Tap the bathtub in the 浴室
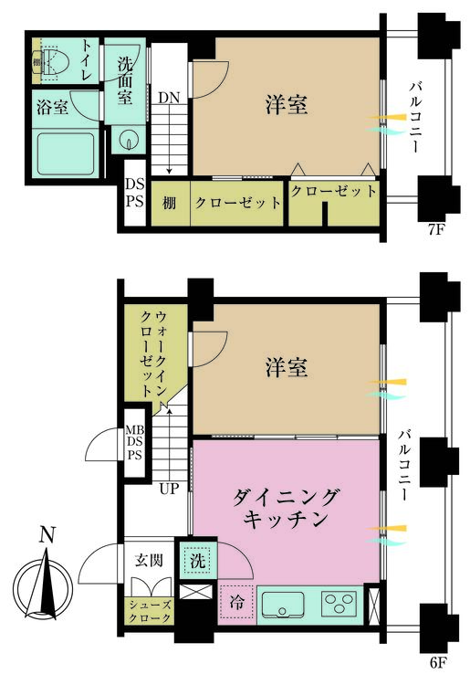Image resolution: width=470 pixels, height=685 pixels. click(66, 153)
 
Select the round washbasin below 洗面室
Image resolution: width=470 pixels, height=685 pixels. click(129, 140)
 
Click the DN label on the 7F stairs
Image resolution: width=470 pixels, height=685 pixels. click(169, 98)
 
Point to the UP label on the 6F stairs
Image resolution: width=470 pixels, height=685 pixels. click(169, 489)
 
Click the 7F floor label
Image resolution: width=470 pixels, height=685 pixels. click(435, 230)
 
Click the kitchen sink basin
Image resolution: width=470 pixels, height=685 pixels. click(282, 605)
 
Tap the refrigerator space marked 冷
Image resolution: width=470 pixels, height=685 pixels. click(236, 604)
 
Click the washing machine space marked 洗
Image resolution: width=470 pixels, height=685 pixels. click(198, 561)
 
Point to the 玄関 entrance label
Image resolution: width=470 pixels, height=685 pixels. click(149, 560)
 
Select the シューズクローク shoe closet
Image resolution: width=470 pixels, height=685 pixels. click(150, 611)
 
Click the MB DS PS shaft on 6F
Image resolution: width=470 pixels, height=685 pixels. click(135, 442)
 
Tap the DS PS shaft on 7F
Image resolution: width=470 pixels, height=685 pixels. click(135, 193)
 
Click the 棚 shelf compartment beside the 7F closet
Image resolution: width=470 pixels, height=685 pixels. click(170, 203)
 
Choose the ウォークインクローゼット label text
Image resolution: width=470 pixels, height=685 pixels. click(154, 353)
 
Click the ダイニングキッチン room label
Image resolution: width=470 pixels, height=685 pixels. click(286, 508)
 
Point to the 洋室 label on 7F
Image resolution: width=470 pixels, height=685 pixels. click(287, 105)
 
